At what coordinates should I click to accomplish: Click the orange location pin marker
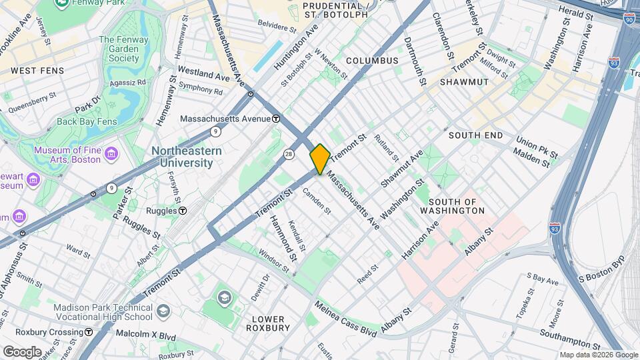tap(320, 159)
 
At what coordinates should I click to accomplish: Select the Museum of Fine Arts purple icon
tap(111, 155)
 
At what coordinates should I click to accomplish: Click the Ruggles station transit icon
tap(182, 211)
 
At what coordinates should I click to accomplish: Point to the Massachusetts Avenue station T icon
tap(275, 119)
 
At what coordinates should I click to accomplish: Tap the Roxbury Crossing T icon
tap(88, 332)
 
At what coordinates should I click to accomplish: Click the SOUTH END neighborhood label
tap(475, 135)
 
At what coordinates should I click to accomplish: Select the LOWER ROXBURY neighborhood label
tap(267, 323)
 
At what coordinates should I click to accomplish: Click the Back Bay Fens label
tap(87, 121)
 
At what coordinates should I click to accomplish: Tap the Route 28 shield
tap(288, 154)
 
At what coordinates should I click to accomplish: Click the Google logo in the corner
tap(22, 351)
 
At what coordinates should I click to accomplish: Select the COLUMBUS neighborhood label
tap(372, 61)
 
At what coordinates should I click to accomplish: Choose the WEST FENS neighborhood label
tap(37, 70)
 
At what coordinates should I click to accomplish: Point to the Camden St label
tap(316, 199)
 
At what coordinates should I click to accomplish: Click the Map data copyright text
tap(597, 355)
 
